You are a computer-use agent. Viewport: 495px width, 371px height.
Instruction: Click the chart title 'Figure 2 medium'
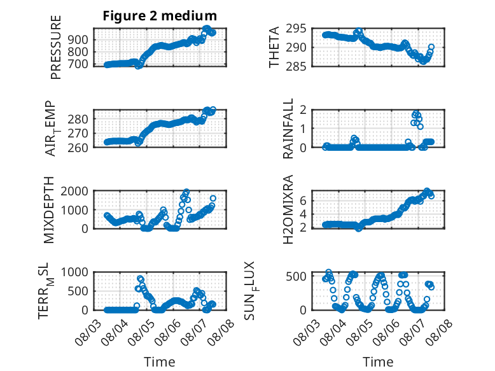click(x=160, y=16)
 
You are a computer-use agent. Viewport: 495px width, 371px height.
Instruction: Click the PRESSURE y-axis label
click(x=55, y=47)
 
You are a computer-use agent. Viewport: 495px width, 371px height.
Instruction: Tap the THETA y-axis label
click(x=274, y=47)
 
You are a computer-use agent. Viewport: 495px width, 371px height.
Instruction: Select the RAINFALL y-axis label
click(x=288, y=129)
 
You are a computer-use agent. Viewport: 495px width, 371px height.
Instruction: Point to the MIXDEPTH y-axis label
click(x=49, y=210)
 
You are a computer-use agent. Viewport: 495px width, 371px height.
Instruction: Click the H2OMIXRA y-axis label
click(x=288, y=209)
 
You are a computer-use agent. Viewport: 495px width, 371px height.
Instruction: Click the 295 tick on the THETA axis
click(x=296, y=29)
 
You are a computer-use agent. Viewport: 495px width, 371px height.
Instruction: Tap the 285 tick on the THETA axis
click(x=296, y=67)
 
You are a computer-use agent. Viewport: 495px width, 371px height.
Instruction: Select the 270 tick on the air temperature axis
click(x=78, y=134)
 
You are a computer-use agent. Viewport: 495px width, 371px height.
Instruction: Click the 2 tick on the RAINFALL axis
click(x=303, y=110)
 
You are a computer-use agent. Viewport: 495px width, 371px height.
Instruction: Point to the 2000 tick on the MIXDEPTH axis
click(x=74, y=191)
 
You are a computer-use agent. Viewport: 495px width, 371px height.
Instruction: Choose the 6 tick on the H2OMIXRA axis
click(x=303, y=201)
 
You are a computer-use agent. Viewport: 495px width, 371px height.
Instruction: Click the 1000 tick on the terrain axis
click(x=74, y=272)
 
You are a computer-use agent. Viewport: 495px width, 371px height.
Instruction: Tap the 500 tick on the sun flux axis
click(x=296, y=277)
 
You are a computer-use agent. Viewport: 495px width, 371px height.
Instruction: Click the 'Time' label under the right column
click(x=378, y=362)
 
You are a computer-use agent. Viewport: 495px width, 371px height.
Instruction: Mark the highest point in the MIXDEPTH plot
click(x=186, y=192)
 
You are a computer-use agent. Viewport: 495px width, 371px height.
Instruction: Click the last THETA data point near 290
click(x=431, y=46)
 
